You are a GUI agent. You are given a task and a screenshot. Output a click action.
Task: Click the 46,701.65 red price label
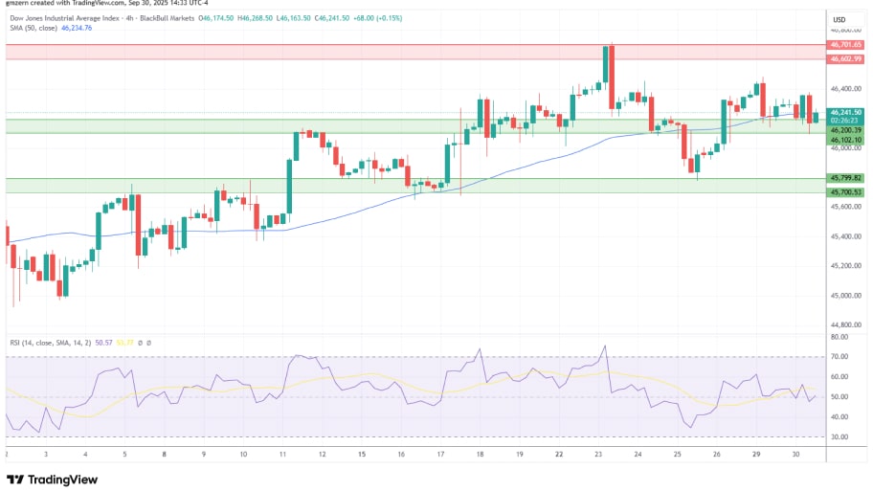(845, 44)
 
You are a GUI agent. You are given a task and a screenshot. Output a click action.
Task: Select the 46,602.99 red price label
(845, 58)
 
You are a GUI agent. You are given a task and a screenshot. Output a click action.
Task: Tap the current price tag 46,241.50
(845, 112)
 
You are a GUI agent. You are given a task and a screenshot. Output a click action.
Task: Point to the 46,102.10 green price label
(845, 140)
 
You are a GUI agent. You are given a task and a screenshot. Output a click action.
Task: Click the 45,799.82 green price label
(845, 178)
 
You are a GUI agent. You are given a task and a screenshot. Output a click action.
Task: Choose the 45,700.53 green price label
(845, 192)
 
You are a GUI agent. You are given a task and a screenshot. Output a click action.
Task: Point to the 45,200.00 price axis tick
(845, 266)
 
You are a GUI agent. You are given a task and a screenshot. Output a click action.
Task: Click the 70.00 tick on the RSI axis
(839, 357)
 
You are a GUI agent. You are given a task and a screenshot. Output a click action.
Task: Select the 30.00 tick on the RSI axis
(839, 436)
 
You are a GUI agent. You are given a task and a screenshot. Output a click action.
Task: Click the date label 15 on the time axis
(362, 455)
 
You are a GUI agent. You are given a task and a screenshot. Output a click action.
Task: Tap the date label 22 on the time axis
(558, 455)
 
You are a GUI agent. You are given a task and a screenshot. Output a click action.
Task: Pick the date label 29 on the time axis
(755, 455)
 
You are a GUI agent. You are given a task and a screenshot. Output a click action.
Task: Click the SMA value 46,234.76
(77, 28)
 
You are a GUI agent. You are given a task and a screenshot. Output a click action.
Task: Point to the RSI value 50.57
(105, 342)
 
